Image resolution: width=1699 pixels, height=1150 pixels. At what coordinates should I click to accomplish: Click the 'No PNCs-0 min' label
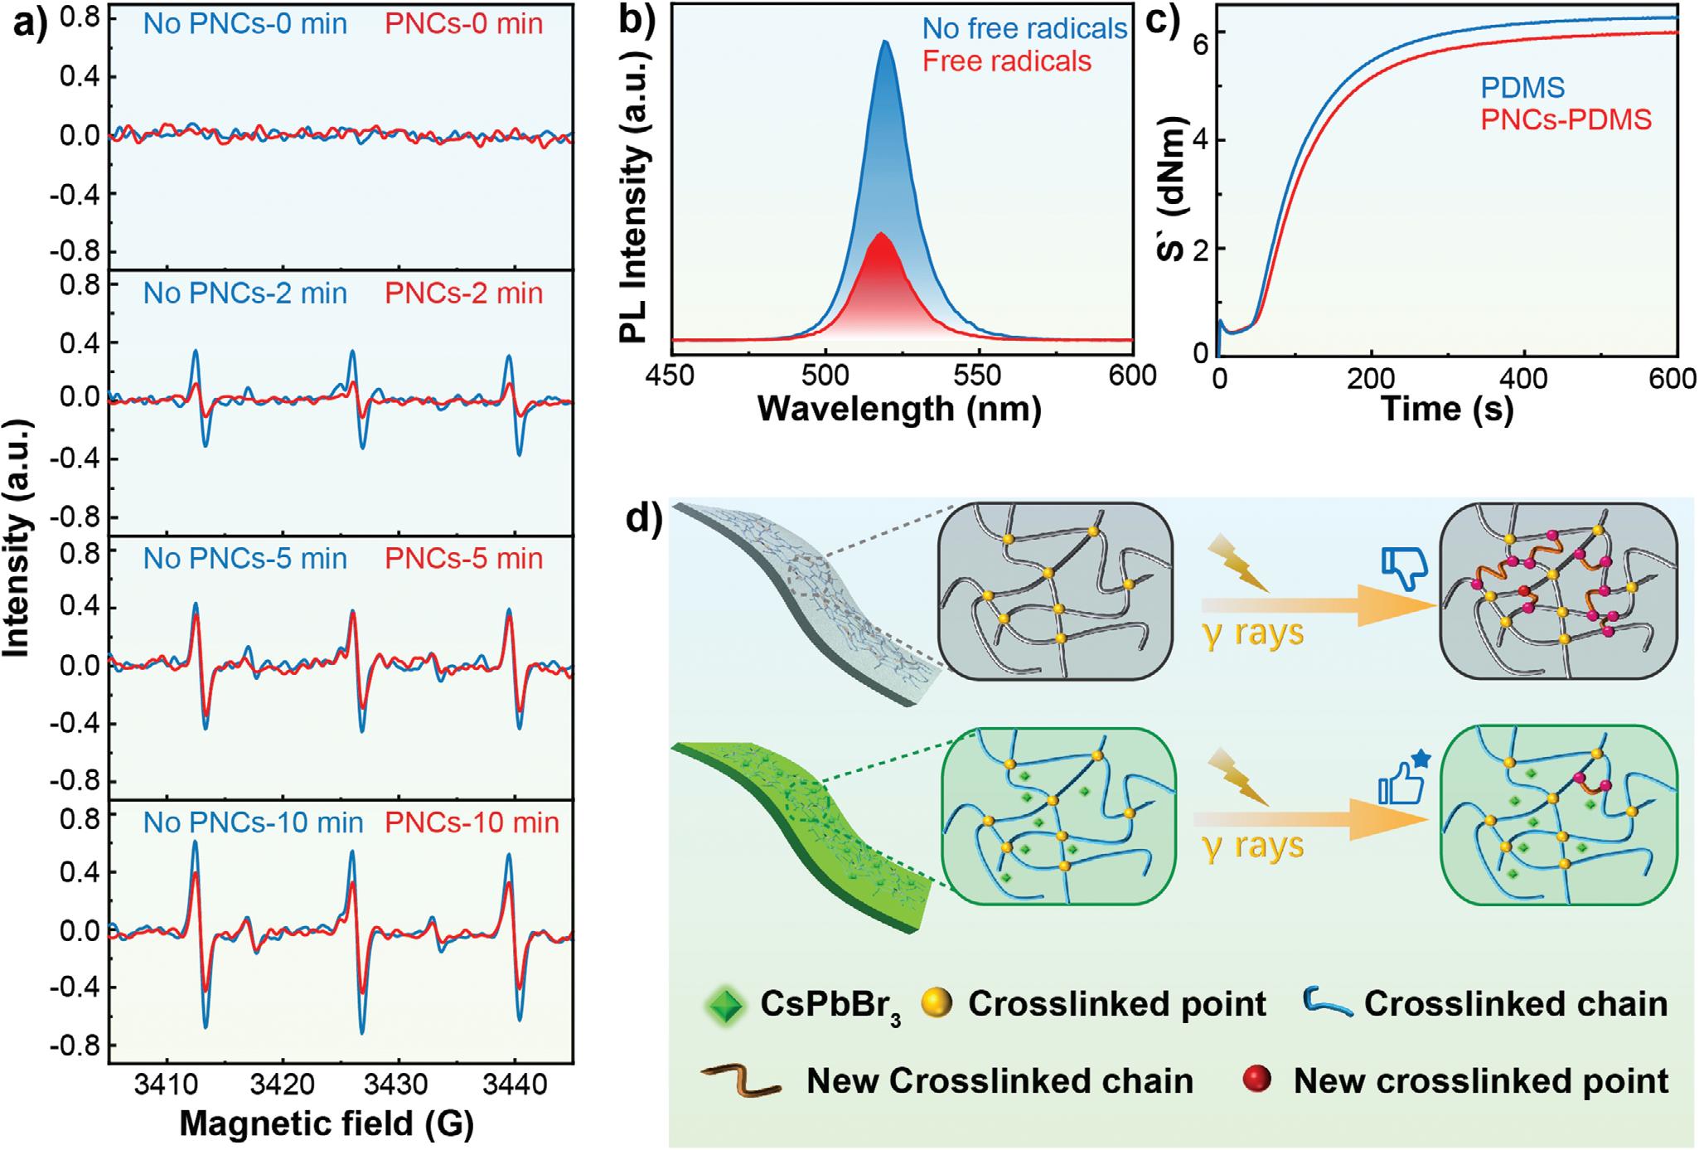[x=244, y=23]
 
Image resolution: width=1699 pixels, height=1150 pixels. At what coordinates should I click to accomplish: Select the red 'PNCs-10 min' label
[x=472, y=822]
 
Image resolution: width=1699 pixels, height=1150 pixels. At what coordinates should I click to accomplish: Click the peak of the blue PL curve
[x=886, y=41]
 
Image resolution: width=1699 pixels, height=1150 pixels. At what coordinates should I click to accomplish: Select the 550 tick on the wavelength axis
[x=979, y=376]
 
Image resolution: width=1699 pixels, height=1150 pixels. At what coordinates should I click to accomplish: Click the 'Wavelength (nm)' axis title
[x=899, y=409]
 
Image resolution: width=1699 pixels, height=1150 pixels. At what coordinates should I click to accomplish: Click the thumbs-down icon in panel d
[x=1403, y=567]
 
